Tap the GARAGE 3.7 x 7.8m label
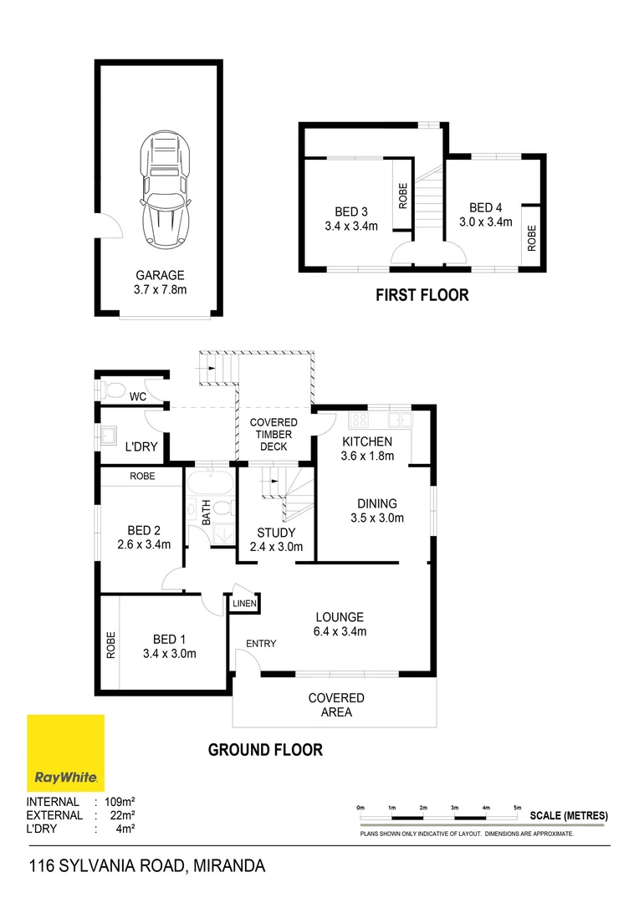tap(161, 282)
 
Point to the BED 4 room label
tap(485, 215)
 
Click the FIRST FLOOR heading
tap(422, 295)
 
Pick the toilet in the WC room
tap(112, 390)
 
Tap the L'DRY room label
tap(141, 447)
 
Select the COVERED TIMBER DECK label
tap(273, 434)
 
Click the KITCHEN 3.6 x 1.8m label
tap(366, 448)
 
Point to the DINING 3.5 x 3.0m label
tap(376, 511)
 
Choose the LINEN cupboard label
tap(244, 603)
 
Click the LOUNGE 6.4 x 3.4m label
tap(339, 624)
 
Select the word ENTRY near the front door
tap(260, 643)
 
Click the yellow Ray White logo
tap(66, 752)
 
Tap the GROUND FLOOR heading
tap(265, 750)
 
